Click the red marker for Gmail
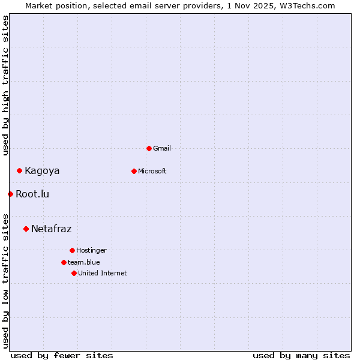149,148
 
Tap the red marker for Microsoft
134,171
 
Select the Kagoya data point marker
19,170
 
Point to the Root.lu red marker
10,194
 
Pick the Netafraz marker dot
26,229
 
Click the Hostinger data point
72,250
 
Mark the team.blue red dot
64,262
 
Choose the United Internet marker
74,273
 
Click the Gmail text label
162,148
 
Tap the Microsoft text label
152,171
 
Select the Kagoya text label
42,171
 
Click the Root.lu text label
32,194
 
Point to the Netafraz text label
51,229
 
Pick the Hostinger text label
91,250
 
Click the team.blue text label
84,262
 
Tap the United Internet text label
103,273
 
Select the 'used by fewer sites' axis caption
62,355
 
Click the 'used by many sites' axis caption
301,355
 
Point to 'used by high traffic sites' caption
5,85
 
